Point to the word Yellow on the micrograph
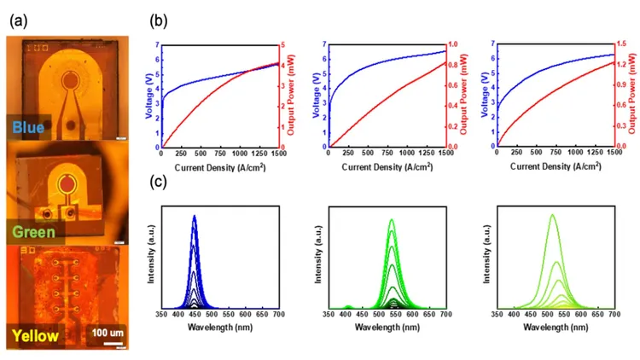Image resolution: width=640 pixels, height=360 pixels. [x=35, y=335]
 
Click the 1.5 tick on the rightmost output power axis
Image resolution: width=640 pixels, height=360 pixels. [x=620, y=44]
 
